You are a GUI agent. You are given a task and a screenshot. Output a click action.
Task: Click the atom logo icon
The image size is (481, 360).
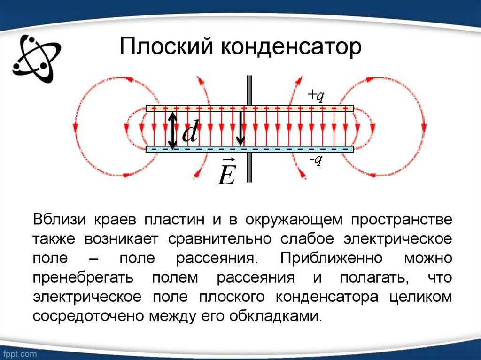click(36, 58)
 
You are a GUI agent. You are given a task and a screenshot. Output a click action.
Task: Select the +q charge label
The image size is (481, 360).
click(316, 96)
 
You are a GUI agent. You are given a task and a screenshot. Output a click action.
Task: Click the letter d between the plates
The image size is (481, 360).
click(190, 131)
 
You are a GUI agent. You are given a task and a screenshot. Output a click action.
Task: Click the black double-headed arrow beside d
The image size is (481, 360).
click(173, 130)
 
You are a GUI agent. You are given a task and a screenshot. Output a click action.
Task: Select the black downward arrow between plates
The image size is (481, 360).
click(241, 128)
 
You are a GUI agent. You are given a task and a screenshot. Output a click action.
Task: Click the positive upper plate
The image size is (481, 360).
click(249, 108)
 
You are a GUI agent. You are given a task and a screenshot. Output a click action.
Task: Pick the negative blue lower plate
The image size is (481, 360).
click(249, 149)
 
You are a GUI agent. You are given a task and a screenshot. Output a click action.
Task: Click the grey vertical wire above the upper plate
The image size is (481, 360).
click(249, 91)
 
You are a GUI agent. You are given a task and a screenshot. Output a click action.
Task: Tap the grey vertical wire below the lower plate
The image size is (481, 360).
click(249, 167)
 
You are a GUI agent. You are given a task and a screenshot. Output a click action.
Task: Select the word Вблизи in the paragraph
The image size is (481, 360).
click(59, 220)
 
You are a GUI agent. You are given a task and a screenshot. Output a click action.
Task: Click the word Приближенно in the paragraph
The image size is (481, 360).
click(331, 258)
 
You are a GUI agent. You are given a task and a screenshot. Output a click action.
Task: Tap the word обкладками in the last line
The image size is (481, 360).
click(275, 316)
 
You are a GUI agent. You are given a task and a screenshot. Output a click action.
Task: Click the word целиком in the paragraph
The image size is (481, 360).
click(420, 297)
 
